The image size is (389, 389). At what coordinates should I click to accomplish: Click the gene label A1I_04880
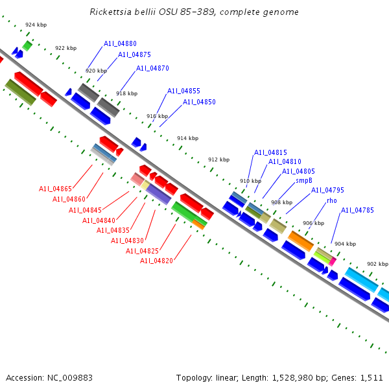120,43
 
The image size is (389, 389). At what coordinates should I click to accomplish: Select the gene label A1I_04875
134,55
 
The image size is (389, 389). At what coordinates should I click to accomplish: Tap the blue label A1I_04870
152,68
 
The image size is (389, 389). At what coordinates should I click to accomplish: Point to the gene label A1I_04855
183,91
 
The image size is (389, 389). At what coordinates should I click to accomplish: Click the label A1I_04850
199,102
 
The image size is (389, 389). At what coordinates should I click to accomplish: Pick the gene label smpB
304,180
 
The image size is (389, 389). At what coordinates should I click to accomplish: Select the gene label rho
331,200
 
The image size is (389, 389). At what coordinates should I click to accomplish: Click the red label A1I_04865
55,189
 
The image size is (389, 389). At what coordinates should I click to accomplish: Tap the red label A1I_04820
156,261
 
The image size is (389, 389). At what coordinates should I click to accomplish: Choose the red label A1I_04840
99,220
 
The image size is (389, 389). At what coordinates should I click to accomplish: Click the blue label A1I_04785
357,210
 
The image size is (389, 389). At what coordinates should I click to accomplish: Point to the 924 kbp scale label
36,25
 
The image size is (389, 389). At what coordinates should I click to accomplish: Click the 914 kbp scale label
187,138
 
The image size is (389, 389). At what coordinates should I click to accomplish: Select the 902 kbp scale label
377,264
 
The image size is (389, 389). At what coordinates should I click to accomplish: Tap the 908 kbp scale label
281,202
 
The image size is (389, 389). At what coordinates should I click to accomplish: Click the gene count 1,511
370,377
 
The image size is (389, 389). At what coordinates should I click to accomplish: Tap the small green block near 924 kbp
27,45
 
